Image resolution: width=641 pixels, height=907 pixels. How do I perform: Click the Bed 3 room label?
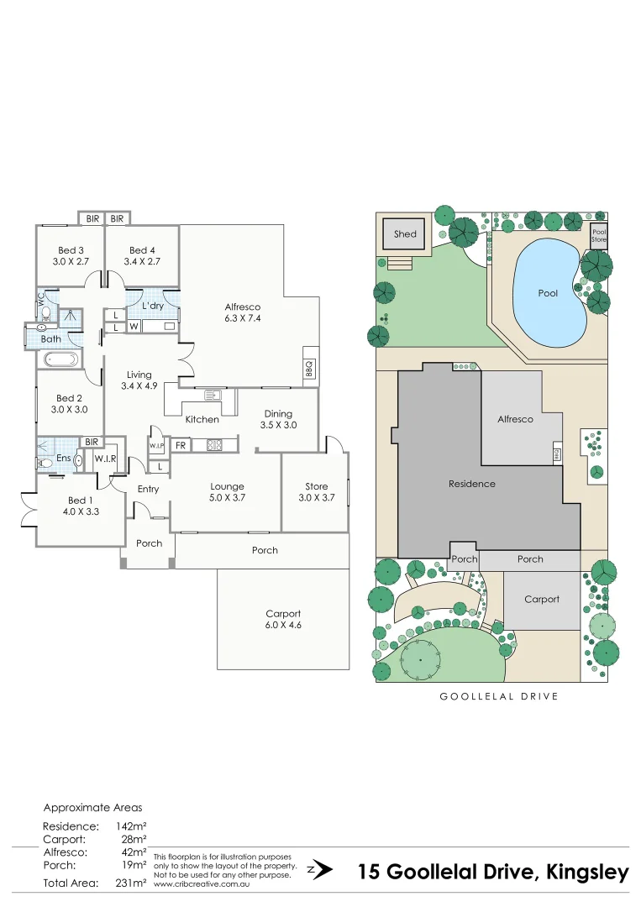pyautogui.click(x=71, y=250)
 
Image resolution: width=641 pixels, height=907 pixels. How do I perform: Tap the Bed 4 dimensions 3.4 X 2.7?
pyautogui.click(x=142, y=262)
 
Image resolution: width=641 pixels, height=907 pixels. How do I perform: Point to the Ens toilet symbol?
pyautogui.click(x=45, y=461)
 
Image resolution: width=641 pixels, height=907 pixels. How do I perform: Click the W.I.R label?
pyautogui.click(x=105, y=459)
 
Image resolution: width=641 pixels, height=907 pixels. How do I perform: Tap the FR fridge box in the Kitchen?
pyautogui.click(x=181, y=445)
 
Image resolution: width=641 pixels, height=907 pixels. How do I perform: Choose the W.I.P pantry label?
pyautogui.click(x=157, y=446)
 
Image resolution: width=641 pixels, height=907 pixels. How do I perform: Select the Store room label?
pyautogui.click(x=317, y=486)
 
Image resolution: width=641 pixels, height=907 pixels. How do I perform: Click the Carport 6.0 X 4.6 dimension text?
pyautogui.click(x=283, y=626)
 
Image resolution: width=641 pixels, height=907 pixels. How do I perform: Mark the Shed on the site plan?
pyautogui.click(x=405, y=234)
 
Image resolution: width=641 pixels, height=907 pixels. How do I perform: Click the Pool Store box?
pyautogui.click(x=598, y=235)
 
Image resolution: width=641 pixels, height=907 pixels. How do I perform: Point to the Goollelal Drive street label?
pyautogui.click(x=499, y=696)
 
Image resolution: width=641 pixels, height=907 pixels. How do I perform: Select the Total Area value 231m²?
pyautogui.click(x=130, y=883)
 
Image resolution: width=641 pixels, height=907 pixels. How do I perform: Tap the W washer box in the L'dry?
pyautogui.click(x=134, y=326)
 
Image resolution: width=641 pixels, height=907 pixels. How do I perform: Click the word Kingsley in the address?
pyautogui.click(x=588, y=872)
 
